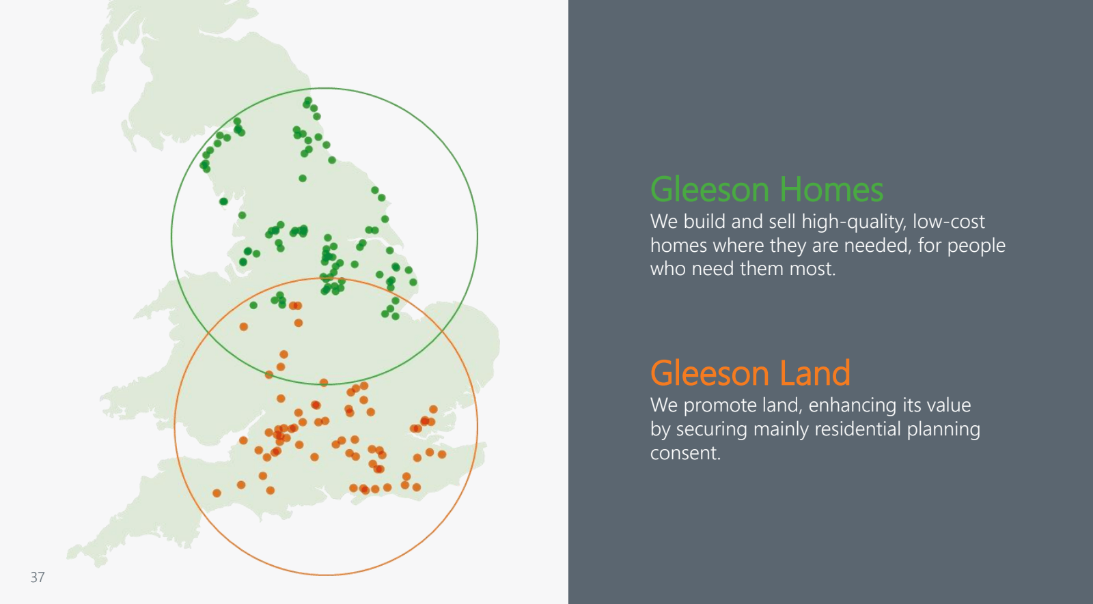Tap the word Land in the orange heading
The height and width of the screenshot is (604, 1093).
pos(815,373)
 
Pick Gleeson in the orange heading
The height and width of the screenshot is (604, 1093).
pos(710,373)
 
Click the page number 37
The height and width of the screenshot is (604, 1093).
pos(38,577)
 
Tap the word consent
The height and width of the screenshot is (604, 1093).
pos(685,453)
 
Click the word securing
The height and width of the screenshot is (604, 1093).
pos(711,429)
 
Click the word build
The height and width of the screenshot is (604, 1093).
pos(704,222)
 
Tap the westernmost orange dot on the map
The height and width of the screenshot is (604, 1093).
pos(217,493)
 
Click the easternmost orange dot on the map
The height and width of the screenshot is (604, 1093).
pos(442,455)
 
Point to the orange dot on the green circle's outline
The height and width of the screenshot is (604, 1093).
pos(324,383)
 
